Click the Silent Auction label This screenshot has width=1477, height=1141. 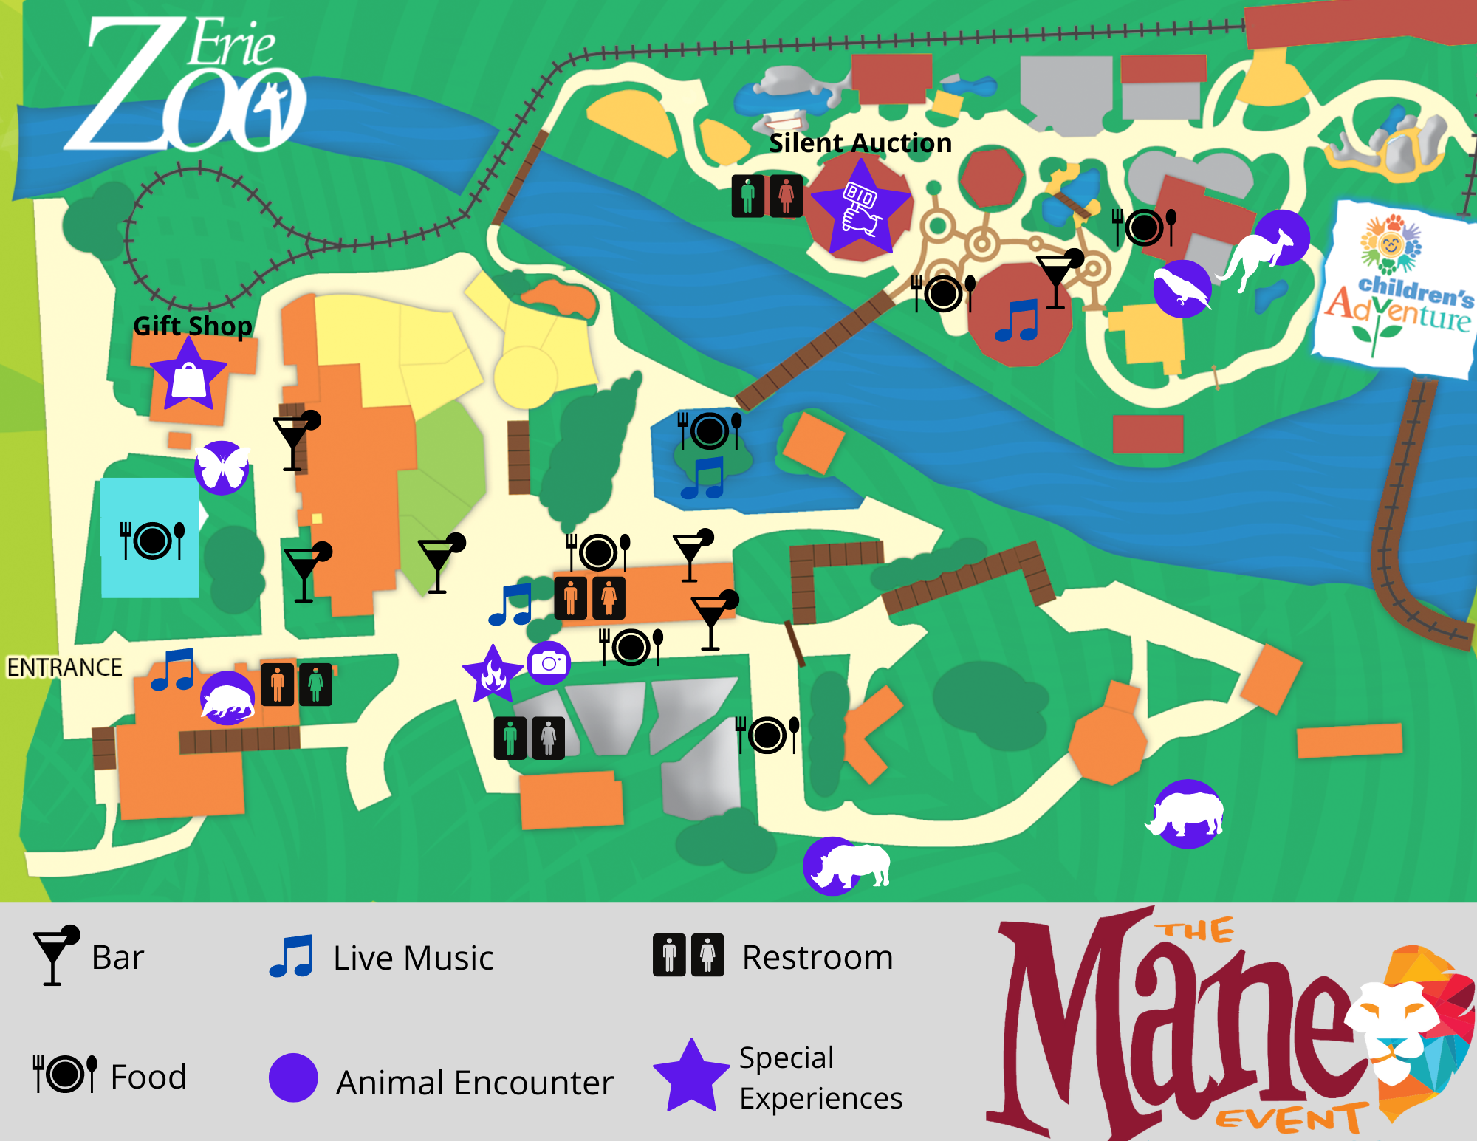860,143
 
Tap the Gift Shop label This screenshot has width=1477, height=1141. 192,326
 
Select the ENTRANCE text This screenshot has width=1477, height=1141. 64,668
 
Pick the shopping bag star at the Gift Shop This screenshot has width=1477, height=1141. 188,376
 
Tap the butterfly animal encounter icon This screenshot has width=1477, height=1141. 222,467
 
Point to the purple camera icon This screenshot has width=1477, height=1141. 549,662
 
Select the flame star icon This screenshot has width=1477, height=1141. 493,674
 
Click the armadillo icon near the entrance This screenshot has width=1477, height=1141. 227,699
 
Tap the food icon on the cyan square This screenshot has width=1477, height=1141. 152,540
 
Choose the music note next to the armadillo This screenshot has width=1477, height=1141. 174,670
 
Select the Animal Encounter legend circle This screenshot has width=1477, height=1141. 293,1077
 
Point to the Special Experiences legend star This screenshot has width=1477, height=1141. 690,1077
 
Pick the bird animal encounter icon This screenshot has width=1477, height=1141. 1182,289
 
